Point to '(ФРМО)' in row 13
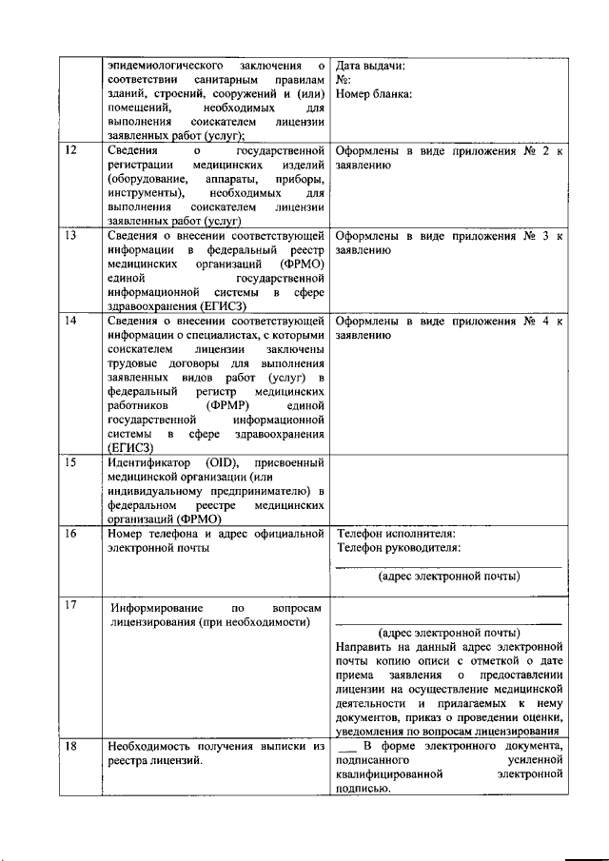(298, 263)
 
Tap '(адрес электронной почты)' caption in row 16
(448, 577)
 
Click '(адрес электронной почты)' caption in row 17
(448, 633)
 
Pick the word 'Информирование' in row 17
(155, 607)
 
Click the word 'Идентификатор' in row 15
(148, 462)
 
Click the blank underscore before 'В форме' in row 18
(344, 747)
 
